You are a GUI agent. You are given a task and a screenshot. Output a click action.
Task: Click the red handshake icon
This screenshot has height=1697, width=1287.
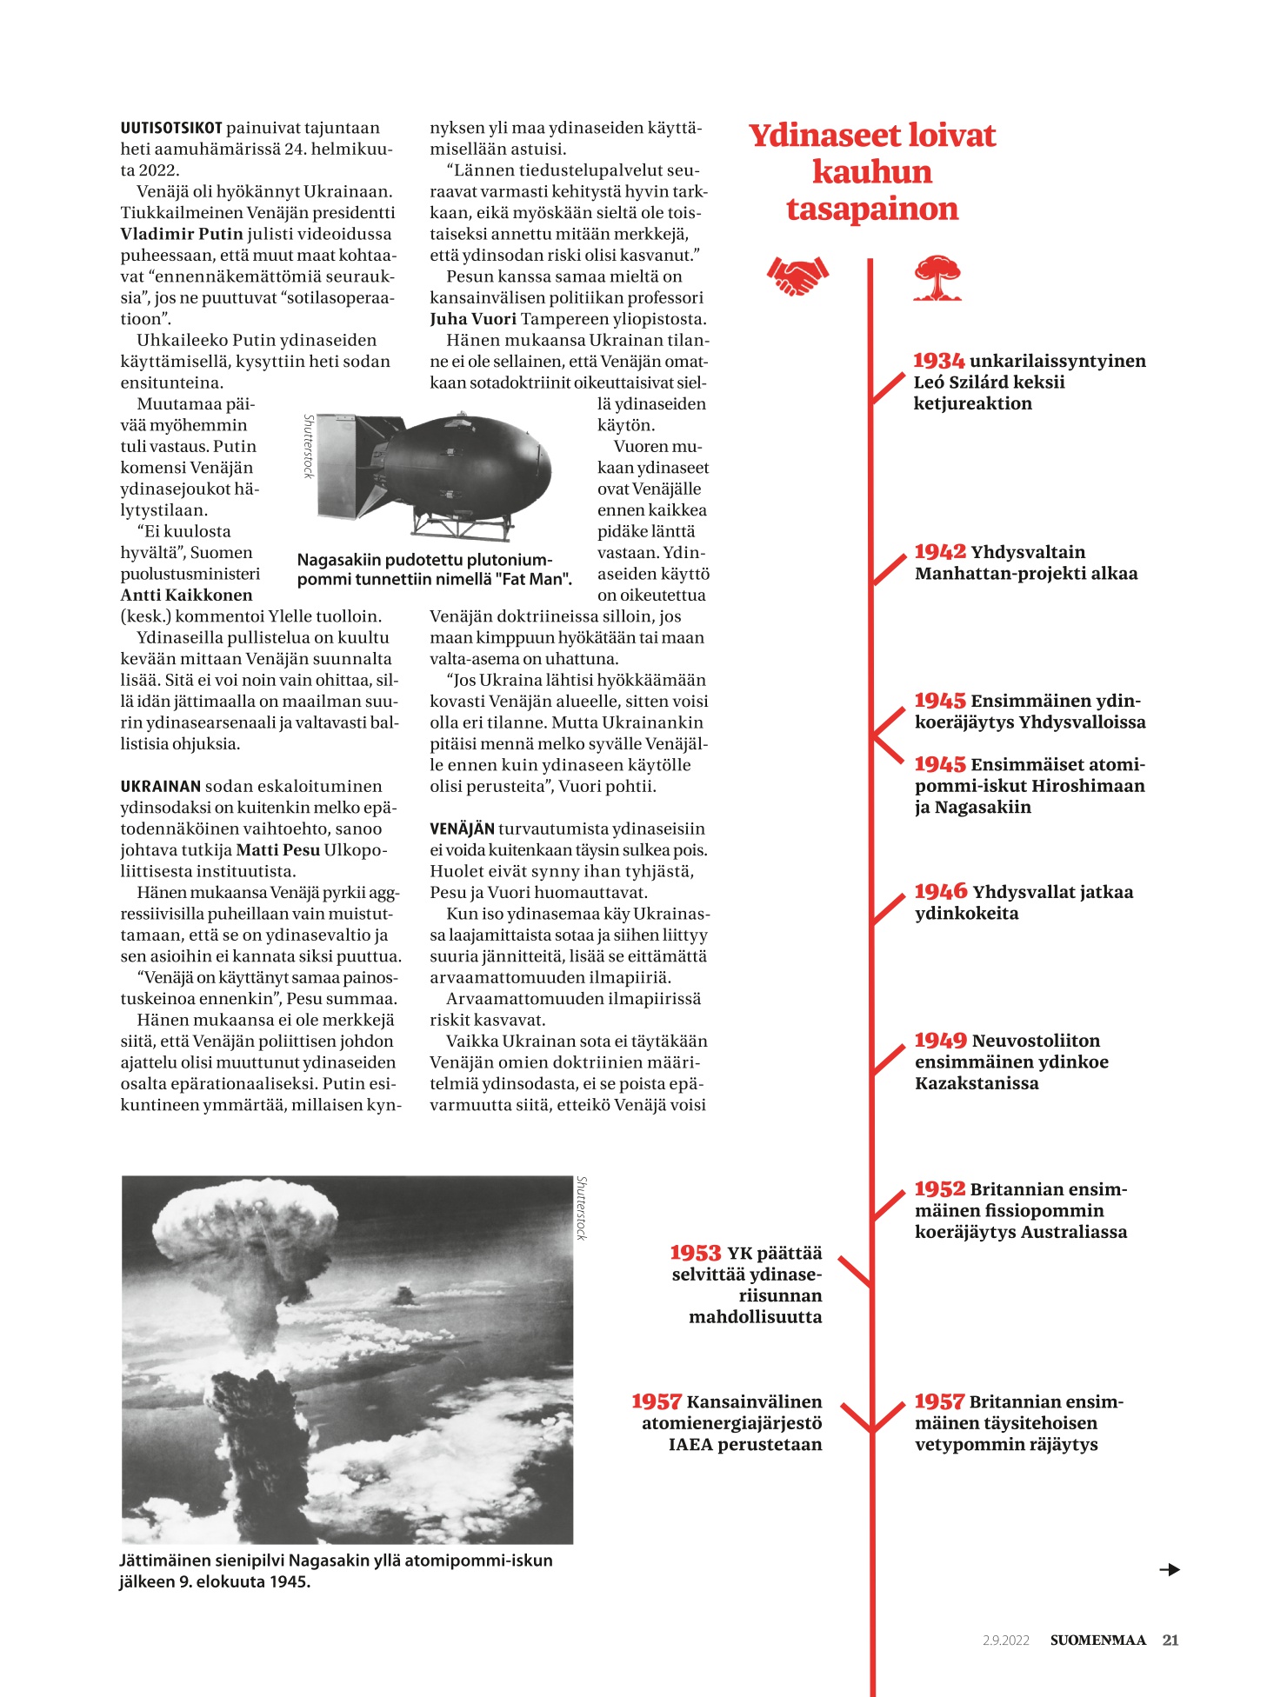coord(797,276)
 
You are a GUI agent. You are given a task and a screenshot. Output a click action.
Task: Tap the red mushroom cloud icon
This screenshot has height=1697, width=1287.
coord(937,278)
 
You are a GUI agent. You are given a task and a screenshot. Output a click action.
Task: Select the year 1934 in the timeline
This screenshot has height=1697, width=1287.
coord(938,361)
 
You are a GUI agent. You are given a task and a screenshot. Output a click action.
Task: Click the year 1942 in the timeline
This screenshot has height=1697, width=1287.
coord(940,552)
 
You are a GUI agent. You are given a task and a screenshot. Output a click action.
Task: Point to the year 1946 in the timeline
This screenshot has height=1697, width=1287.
coord(940,892)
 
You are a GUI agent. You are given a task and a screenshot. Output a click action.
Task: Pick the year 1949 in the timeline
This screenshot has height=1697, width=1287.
coord(940,1041)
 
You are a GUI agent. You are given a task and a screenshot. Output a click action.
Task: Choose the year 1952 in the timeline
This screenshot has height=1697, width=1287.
coord(939,1189)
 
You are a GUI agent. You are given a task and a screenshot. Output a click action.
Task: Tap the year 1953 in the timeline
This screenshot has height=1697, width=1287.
coord(695,1254)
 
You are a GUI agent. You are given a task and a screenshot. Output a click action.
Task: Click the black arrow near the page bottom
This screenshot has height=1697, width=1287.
coord(1170,1569)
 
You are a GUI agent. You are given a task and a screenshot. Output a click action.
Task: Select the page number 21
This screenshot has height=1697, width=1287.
coord(1170,1640)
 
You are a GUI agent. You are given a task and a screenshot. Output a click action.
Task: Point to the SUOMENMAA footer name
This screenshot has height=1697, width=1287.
coord(1097,1640)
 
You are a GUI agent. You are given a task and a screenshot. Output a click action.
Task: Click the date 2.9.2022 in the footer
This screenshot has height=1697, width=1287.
coord(1006,1640)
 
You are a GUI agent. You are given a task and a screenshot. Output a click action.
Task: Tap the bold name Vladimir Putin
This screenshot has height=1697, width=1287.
coord(181,234)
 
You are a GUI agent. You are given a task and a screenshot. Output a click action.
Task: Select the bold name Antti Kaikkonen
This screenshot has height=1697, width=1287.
coord(186,596)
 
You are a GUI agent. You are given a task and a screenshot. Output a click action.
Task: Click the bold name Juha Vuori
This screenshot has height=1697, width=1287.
coord(472,319)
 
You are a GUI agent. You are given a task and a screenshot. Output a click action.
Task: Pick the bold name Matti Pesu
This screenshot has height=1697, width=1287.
coord(277,850)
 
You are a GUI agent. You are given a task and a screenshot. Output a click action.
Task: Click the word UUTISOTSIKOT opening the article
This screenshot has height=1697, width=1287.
coord(171,128)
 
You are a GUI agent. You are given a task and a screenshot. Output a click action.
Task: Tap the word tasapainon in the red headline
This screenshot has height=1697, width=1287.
coord(872,210)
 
